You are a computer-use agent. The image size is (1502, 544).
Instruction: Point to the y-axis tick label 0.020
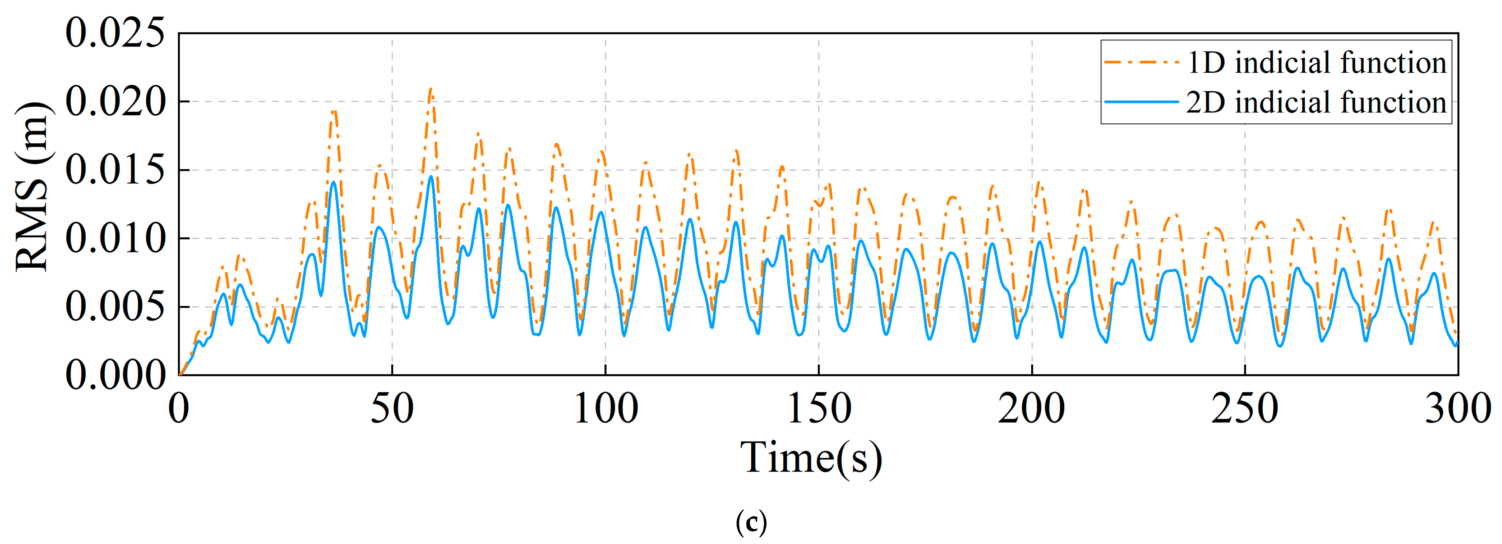tap(115, 102)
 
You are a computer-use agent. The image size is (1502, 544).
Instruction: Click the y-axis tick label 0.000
tap(115, 375)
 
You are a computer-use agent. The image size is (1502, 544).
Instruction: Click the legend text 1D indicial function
tap(1317, 62)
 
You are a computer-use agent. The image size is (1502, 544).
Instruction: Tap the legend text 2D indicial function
tap(1317, 103)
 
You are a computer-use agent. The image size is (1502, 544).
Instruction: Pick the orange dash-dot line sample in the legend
tap(1141, 62)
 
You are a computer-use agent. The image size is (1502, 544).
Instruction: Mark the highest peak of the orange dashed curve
tap(431, 89)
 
